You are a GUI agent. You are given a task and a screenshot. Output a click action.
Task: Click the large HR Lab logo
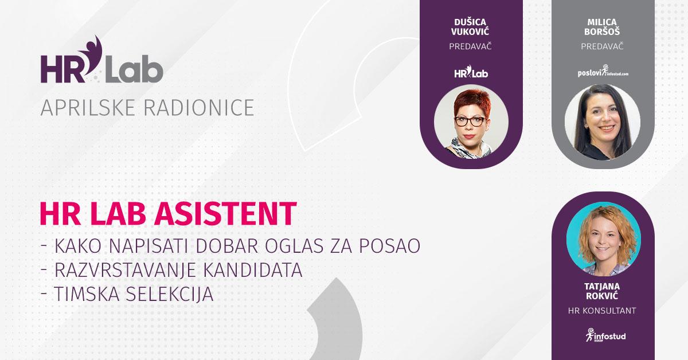[101, 60]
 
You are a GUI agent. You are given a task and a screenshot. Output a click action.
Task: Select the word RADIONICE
[199, 108]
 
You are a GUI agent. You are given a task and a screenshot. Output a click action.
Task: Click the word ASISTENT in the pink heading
[225, 214]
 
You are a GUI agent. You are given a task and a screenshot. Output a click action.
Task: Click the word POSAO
[390, 246]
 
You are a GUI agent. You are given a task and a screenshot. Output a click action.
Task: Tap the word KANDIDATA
[253, 270]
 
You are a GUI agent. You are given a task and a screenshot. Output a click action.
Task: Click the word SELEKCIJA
[170, 294]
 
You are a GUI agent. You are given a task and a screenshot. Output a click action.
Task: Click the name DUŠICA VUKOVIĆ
[470, 27]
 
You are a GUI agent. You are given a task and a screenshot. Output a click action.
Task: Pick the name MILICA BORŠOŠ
[602, 27]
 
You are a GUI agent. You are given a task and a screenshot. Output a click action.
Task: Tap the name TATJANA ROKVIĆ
[602, 291]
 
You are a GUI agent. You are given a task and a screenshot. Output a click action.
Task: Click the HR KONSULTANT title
[602, 311]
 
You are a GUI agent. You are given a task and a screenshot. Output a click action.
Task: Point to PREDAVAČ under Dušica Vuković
[470, 46]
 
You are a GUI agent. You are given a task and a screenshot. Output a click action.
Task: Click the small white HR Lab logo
[471, 72]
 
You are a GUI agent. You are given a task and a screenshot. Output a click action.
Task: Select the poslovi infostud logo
[603, 71]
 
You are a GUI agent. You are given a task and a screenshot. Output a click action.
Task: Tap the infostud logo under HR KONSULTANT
[605, 335]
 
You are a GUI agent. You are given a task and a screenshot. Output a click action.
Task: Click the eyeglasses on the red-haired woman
[470, 122]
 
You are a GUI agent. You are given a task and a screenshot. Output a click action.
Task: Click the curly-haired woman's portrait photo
[604, 238]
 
